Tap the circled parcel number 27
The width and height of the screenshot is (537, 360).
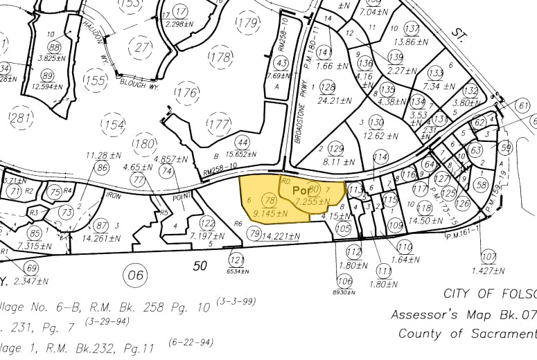[143, 47]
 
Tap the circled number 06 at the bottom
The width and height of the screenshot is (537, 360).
[136, 275]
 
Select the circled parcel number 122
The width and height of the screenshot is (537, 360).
[206, 223]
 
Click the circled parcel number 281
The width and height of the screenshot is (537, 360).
[21, 118]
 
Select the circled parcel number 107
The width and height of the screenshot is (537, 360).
[488, 256]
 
